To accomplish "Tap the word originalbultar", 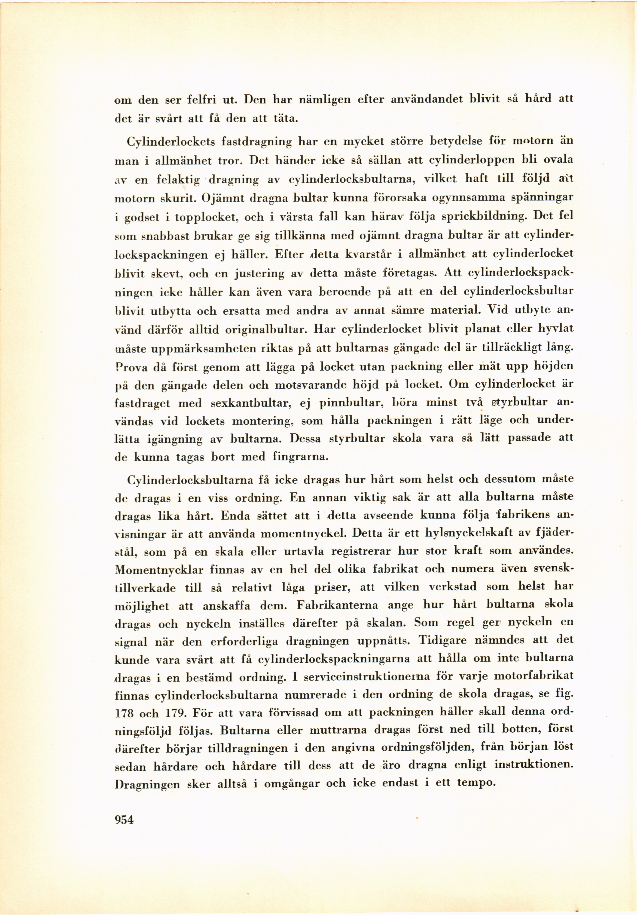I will pyautogui.click(x=266, y=330).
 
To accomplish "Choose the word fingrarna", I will pyautogui.click(x=300, y=457).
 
